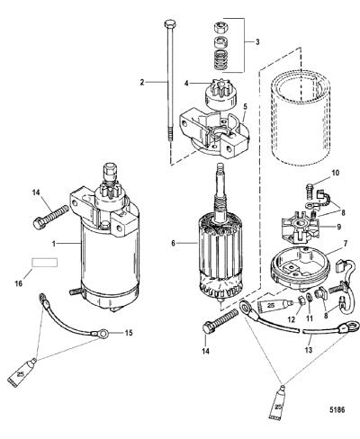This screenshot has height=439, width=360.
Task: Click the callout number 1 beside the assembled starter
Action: point(54,244)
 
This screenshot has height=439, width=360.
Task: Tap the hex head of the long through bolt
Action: point(169,23)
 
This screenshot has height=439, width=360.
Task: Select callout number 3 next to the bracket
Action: point(257,42)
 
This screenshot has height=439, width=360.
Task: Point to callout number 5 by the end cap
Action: point(245,106)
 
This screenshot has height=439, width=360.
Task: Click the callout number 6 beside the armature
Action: point(173,244)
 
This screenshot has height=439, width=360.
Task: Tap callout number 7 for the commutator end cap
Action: point(345,244)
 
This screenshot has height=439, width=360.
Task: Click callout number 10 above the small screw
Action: point(335,173)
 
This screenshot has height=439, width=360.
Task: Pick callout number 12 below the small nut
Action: point(292,319)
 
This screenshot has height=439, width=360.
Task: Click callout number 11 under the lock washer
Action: point(310,318)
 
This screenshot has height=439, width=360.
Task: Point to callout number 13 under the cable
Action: point(309,350)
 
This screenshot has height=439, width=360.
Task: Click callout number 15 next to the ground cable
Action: point(129,333)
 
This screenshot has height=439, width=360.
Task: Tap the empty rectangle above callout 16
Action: point(45,263)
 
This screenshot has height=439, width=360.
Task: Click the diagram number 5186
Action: point(338,409)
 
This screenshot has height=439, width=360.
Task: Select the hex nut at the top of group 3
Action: point(220,29)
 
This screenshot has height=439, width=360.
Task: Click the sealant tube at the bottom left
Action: point(22,372)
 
